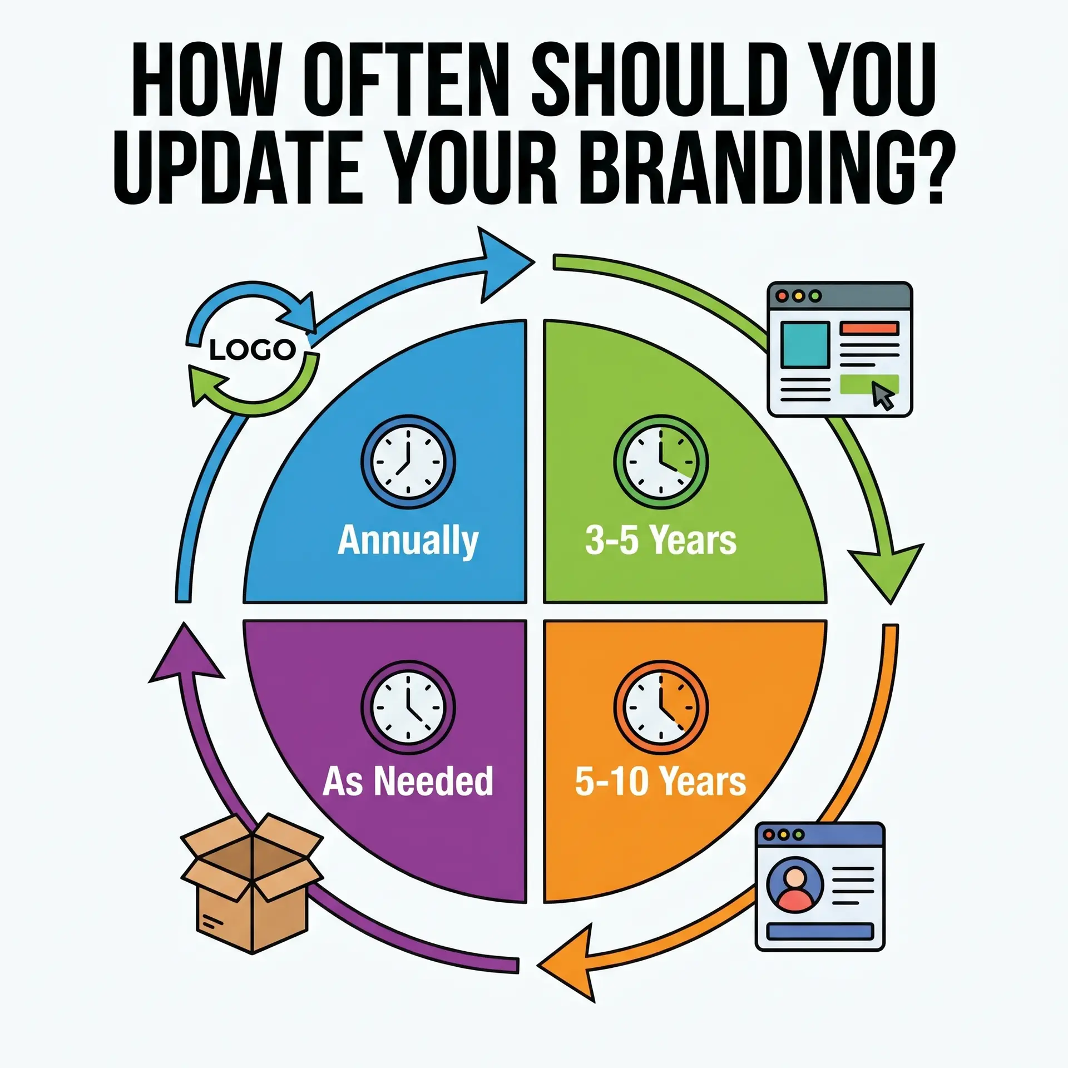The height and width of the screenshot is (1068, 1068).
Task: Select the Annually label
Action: pos(408,541)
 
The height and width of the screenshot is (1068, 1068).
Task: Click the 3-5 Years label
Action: pos(660,540)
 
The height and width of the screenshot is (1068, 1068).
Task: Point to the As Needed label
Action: pos(408,781)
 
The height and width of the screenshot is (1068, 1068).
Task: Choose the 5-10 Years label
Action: pos(660,781)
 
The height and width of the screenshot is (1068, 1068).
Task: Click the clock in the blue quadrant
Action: pos(408,462)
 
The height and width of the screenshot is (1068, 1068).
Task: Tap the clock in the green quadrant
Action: pos(661,462)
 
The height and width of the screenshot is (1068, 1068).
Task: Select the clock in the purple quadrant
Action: pos(408,707)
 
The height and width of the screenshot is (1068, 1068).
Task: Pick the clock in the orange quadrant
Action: pos(661,707)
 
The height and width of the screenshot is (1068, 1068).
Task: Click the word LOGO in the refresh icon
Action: pos(253,350)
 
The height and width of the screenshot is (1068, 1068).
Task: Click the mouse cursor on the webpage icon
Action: pos(882,395)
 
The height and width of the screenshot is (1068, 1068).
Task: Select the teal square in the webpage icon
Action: pos(805,344)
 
